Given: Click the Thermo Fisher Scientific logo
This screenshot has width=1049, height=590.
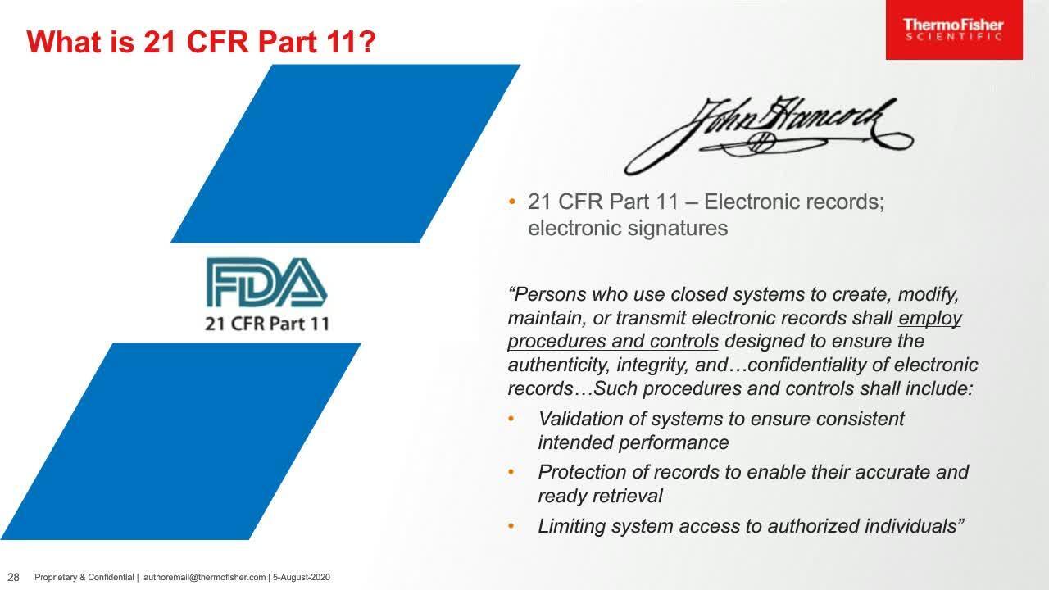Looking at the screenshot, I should click(953, 29).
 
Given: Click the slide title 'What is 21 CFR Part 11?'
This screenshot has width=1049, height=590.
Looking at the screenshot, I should click(201, 42).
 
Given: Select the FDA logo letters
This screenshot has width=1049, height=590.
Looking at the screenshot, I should click(266, 282).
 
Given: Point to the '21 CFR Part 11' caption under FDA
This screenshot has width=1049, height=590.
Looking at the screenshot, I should click(266, 323).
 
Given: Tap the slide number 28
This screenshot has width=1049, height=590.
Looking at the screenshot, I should click(13, 577).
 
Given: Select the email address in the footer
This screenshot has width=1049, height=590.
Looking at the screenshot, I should click(204, 578).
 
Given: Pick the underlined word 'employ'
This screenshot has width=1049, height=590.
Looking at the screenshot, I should click(930, 317).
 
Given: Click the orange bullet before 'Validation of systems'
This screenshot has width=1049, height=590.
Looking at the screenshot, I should click(512, 419).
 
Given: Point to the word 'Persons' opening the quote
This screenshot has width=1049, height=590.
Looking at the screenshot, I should click(548, 293).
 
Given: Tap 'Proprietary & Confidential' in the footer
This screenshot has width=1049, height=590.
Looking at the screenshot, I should click(84, 578).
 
